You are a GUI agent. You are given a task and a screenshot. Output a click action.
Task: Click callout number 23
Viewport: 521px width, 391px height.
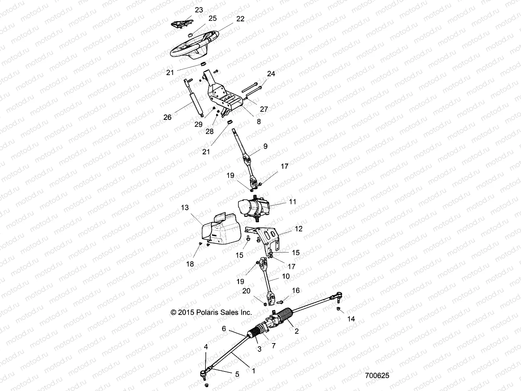(199, 10)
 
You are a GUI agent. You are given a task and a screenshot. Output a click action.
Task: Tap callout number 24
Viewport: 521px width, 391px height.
(271, 74)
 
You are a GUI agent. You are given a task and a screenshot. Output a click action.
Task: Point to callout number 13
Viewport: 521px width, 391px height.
(185, 208)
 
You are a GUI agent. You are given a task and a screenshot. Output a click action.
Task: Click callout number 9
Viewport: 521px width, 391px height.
(265, 146)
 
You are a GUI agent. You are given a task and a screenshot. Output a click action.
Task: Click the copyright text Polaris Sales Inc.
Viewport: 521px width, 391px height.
(211, 312)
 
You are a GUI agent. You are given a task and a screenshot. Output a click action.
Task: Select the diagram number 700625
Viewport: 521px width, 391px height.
(377, 375)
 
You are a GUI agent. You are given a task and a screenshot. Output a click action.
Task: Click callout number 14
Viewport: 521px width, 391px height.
(351, 319)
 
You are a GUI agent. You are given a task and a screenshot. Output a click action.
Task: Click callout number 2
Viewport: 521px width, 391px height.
(297, 331)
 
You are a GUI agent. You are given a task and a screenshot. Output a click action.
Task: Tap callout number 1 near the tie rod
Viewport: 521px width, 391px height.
(254, 370)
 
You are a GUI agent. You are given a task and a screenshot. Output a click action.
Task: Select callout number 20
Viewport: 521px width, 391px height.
(246, 291)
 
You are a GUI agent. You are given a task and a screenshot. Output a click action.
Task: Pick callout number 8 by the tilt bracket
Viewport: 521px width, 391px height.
(259, 122)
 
